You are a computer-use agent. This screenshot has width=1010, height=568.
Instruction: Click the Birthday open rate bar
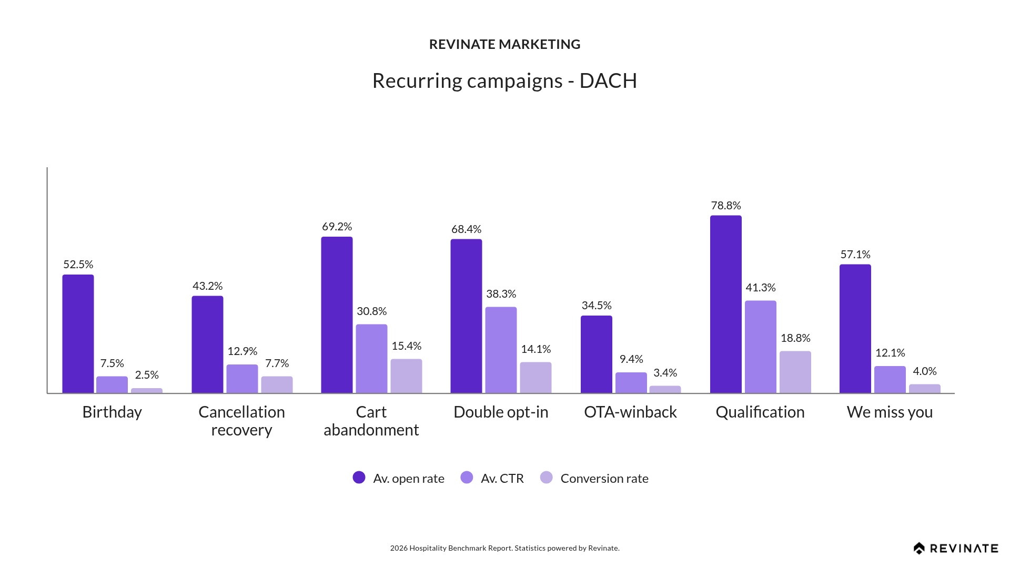(78, 333)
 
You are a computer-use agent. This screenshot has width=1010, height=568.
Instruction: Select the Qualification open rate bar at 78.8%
(725, 304)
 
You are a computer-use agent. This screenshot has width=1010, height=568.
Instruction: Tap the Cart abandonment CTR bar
(371, 358)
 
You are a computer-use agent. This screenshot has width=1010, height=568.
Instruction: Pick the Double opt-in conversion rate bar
(536, 377)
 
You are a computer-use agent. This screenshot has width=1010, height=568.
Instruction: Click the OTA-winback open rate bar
(596, 354)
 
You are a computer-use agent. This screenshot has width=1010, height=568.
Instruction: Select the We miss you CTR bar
(890, 379)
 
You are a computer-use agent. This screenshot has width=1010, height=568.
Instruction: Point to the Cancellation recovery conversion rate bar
(277, 384)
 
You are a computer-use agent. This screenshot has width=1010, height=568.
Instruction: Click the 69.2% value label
(337, 227)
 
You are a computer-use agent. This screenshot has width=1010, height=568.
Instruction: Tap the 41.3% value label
(760, 288)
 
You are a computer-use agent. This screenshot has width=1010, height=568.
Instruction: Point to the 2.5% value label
(146, 375)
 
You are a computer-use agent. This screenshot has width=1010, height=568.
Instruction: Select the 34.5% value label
(596, 306)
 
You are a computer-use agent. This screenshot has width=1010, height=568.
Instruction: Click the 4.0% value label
(924, 371)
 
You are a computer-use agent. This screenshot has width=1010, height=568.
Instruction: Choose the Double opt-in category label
(501, 412)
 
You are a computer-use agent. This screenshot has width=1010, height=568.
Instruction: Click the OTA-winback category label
(630, 412)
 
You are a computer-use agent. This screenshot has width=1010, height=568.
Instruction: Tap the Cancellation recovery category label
(241, 421)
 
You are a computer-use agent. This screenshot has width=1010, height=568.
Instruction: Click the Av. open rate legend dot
(359, 478)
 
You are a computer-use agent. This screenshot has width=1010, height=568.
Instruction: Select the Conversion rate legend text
(604, 479)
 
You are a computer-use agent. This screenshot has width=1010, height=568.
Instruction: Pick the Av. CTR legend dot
(467, 478)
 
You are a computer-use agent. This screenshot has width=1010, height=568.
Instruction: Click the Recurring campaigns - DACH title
(504, 80)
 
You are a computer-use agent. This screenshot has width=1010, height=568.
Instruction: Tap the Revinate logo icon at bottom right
(919, 549)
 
